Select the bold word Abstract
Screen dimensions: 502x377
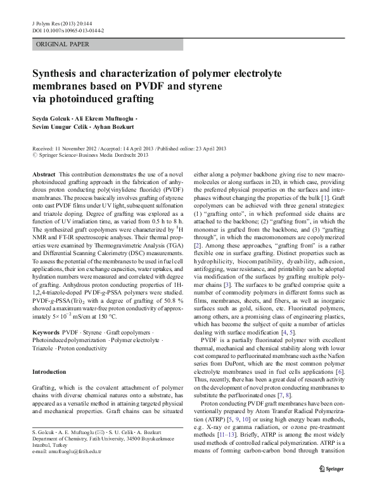[43, 174]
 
